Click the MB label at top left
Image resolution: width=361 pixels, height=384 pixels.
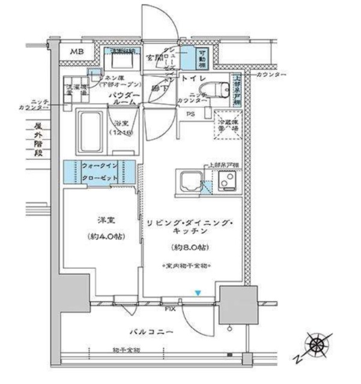pos(76,53)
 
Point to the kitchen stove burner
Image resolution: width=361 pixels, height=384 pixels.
pos(228,179)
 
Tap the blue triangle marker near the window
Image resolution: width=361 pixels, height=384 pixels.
pos(197,293)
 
